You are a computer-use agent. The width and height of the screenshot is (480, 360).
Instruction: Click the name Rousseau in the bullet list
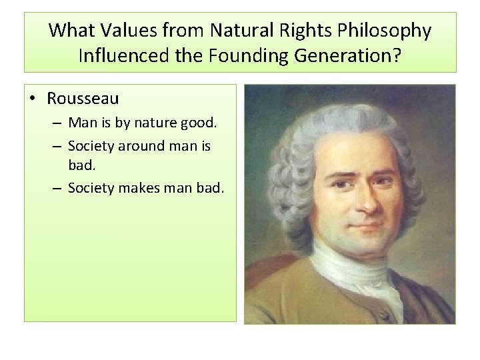click(83, 99)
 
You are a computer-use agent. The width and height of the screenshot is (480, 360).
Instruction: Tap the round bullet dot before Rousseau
click(36, 99)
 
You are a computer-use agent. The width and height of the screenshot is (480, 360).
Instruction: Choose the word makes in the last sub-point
click(139, 188)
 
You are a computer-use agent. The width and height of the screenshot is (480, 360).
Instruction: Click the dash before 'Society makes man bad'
click(58, 189)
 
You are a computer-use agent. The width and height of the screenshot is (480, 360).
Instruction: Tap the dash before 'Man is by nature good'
click(58, 124)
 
